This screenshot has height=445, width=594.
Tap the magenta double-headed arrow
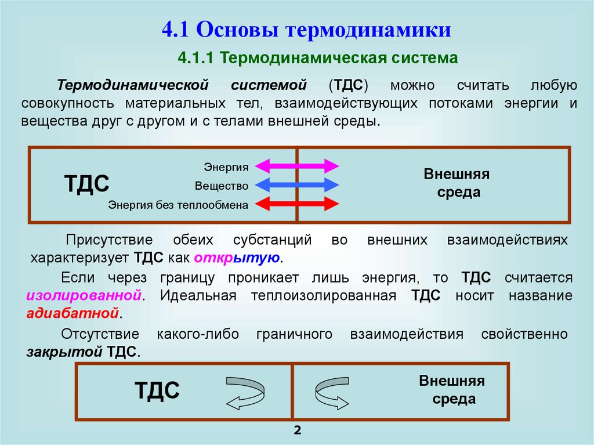[x=297, y=167]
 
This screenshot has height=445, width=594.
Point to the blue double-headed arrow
[x=297, y=186]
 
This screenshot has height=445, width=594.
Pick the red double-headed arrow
[x=297, y=204]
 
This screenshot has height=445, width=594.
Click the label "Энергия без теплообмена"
[x=178, y=205]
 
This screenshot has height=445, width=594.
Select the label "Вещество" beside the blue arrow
[x=222, y=186]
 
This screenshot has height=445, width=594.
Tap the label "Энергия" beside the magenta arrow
[x=226, y=167]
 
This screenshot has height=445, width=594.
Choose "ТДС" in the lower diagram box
[x=157, y=390]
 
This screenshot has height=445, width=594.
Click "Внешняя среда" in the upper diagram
[x=457, y=183]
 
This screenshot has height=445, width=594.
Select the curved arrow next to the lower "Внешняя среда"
[x=331, y=393]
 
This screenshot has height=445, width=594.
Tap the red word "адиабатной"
[x=73, y=314]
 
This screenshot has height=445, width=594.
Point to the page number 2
[x=298, y=430]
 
